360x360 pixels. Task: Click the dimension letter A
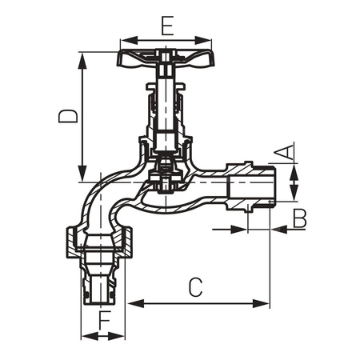(x=285, y=151)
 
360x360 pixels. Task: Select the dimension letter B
(x=298, y=217)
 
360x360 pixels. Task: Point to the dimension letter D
(x=70, y=116)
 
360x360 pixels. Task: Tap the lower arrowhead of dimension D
(x=82, y=178)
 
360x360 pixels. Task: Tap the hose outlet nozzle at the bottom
(x=102, y=285)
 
